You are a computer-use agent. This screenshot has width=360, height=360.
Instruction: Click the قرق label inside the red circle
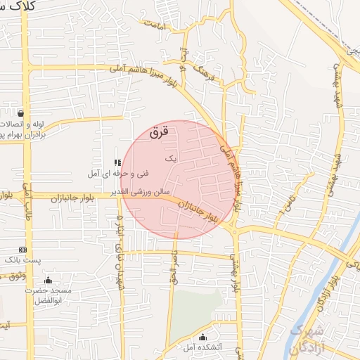point(160,131)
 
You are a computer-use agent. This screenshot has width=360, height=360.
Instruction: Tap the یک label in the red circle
point(170,160)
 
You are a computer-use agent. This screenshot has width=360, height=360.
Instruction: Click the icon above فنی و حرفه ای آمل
point(117,162)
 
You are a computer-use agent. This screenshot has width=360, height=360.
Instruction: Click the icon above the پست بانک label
point(23,250)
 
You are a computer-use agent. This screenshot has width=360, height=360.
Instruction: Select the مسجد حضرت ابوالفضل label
point(49,295)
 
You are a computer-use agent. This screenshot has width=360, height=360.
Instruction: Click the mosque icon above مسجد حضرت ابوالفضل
point(48,281)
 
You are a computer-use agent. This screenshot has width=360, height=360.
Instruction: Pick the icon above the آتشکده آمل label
point(203,337)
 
